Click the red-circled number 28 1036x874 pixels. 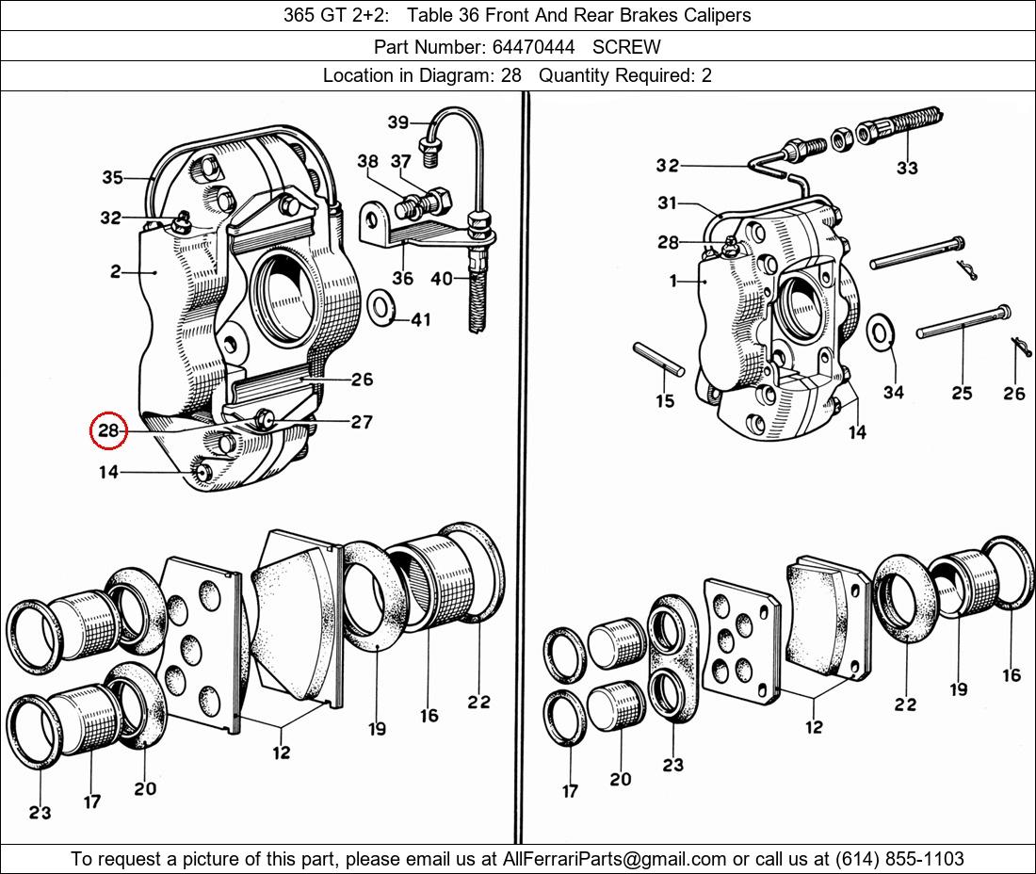108,430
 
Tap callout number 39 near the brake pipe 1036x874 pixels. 398,122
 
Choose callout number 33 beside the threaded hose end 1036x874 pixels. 907,169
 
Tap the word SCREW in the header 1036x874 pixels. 626,46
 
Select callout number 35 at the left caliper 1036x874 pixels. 112,177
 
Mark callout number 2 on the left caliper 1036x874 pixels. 115,272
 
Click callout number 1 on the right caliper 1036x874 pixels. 673,281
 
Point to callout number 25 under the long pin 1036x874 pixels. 961,392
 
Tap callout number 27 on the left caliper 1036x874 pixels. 362,422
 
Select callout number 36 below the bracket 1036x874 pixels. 402,278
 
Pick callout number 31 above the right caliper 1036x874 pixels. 667,203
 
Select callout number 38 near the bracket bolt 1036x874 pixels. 367,162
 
